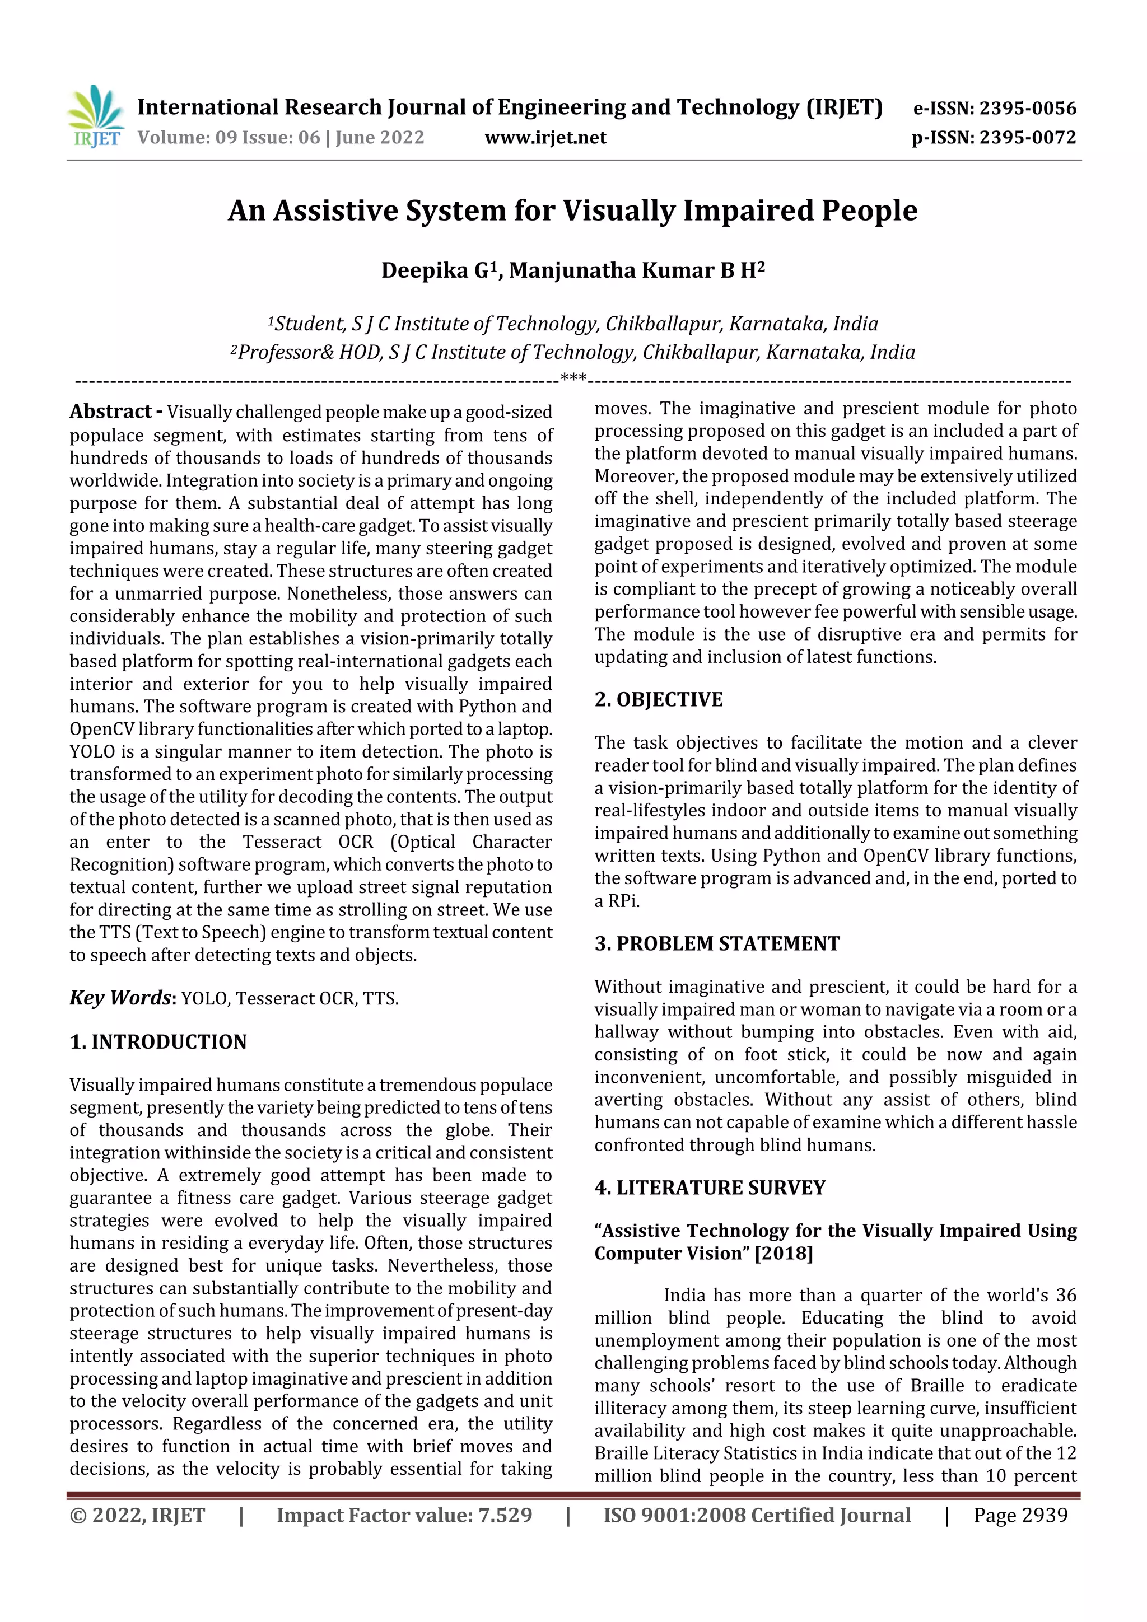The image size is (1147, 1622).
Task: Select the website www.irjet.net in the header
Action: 545,137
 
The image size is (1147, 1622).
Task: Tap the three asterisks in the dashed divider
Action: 573,380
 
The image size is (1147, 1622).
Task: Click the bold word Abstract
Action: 111,411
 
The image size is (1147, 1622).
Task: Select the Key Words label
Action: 121,998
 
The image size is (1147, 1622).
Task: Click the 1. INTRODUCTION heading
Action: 158,1042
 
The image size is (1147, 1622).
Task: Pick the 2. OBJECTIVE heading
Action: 658,699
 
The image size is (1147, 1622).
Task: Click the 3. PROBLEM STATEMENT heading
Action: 717,944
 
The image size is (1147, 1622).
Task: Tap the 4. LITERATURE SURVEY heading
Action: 710,1188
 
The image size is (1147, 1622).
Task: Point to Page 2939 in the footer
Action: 1020,1515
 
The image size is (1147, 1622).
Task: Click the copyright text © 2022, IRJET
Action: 137,1515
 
